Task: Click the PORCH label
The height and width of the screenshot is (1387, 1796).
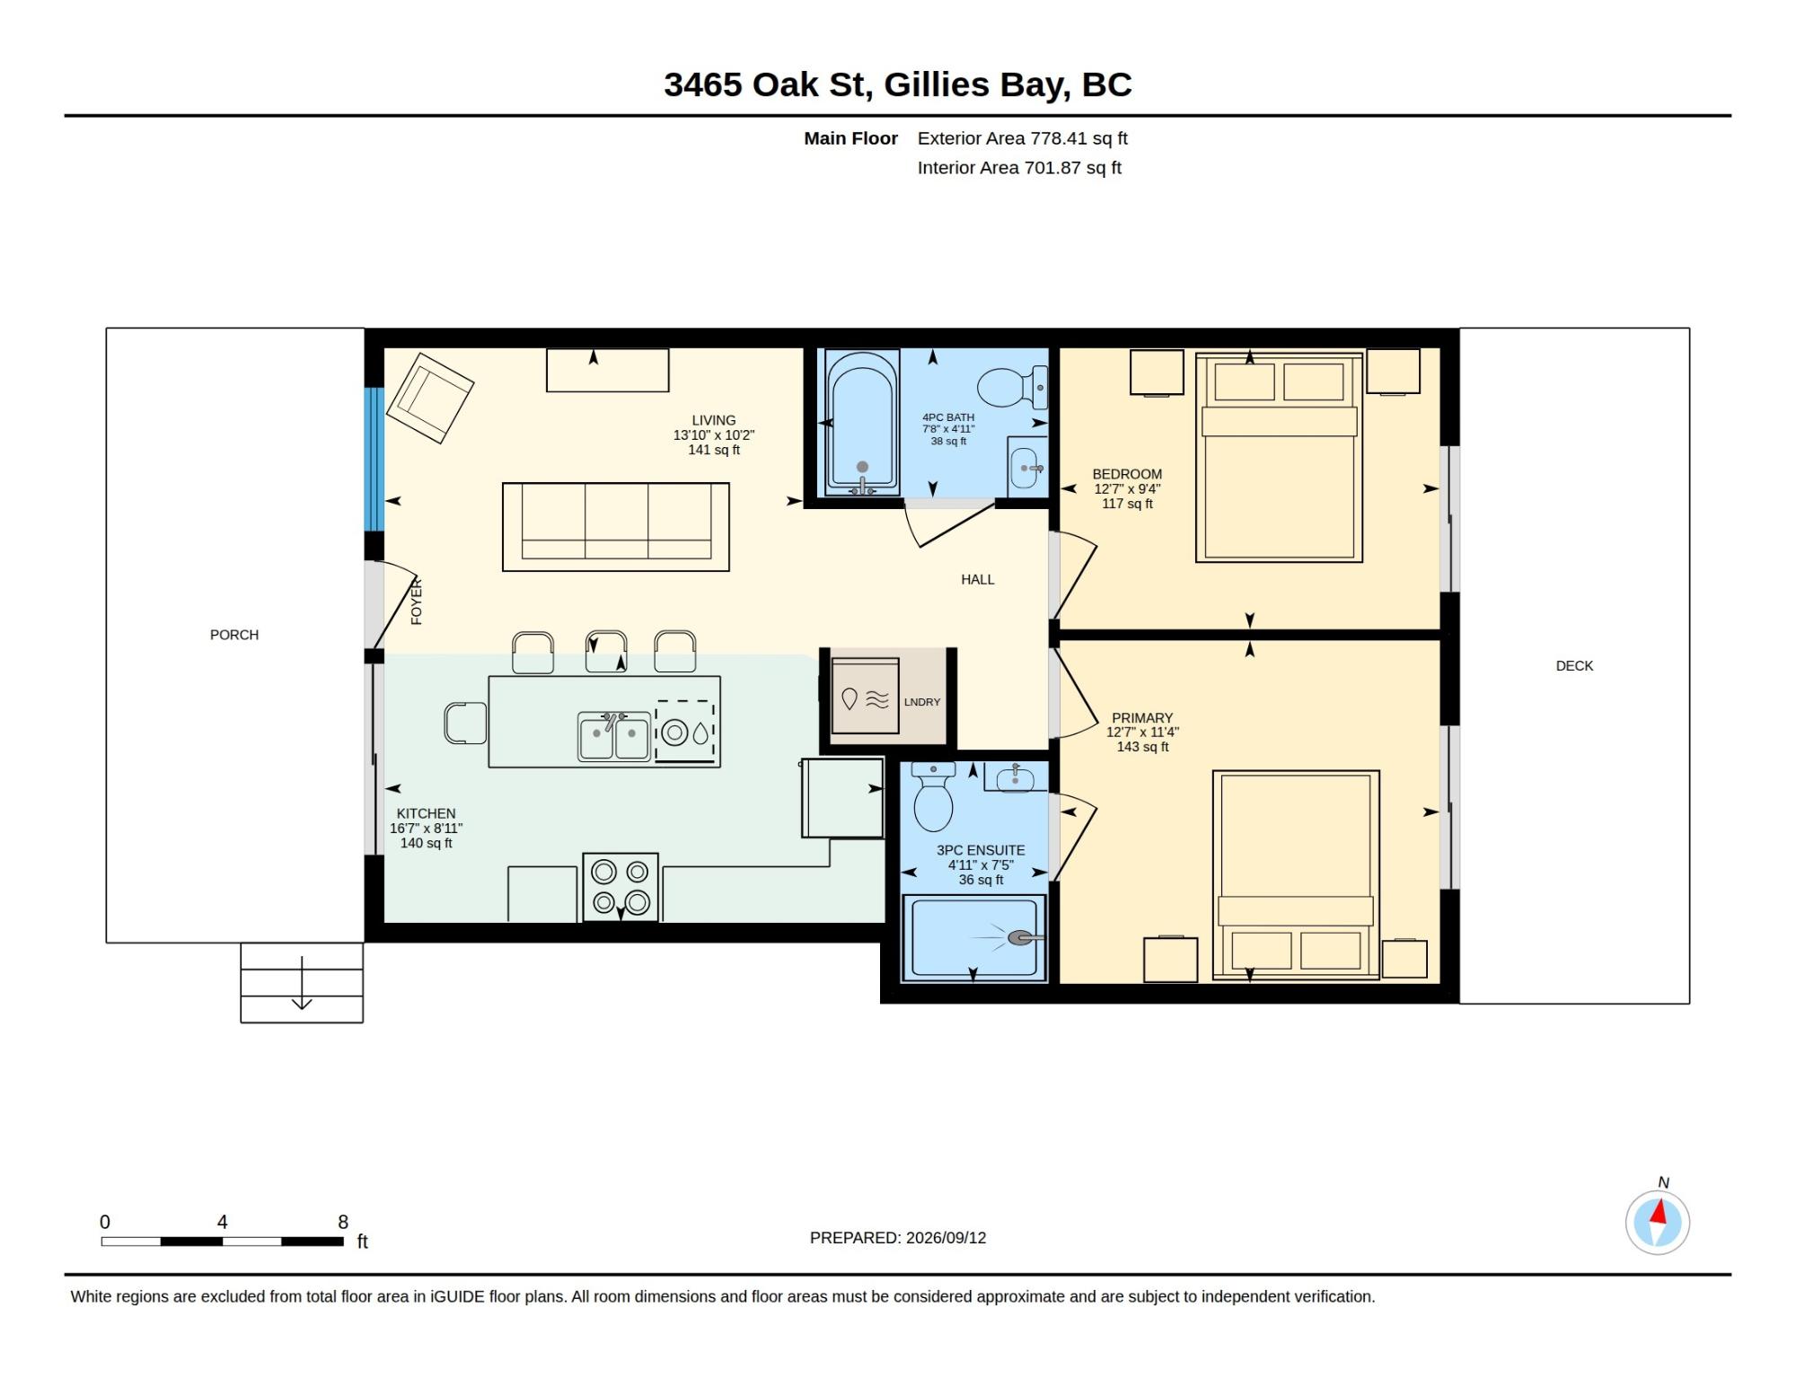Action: pyautogui.click(x=234, y=635)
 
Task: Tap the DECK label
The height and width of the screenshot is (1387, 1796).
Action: pyautogui.click(x=1574, y=666)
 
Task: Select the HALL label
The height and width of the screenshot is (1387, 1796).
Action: pyautogui.click(x=978, y=580)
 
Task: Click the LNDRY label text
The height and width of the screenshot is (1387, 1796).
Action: pyautogui.click(x=922, y=702)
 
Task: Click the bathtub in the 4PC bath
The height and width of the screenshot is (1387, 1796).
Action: pyautogui.click(x=862, y=422)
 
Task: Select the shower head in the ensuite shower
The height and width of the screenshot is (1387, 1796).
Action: pyautogui.click(x=1021, y=937)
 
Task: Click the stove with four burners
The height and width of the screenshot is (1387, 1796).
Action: pyautogui.click(x=621, y=887)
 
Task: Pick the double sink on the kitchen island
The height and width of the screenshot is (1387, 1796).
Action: pyautogui.click(x=614, y=737)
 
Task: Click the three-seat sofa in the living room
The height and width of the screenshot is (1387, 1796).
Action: pyautogui.click(x=616, y=527)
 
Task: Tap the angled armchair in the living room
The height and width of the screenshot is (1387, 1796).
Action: pyautogui.click(x=430, y=398)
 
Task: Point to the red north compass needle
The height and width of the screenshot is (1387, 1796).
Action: pyautogui.click(x=1660, y=1213)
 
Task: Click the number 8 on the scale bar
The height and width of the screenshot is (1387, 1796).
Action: pyautogui.click(x=343, y=1222)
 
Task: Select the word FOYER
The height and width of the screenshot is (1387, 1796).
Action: pyautogui.click(x=417, y=601)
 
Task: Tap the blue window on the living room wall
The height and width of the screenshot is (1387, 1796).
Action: pyautogui.click(x=374, y=459)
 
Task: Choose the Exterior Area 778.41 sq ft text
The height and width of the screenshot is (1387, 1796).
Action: pyautogui.click(x=1022, y=138)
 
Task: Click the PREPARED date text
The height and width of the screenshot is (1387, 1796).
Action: pyautogui.click(x=898, y=1238)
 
